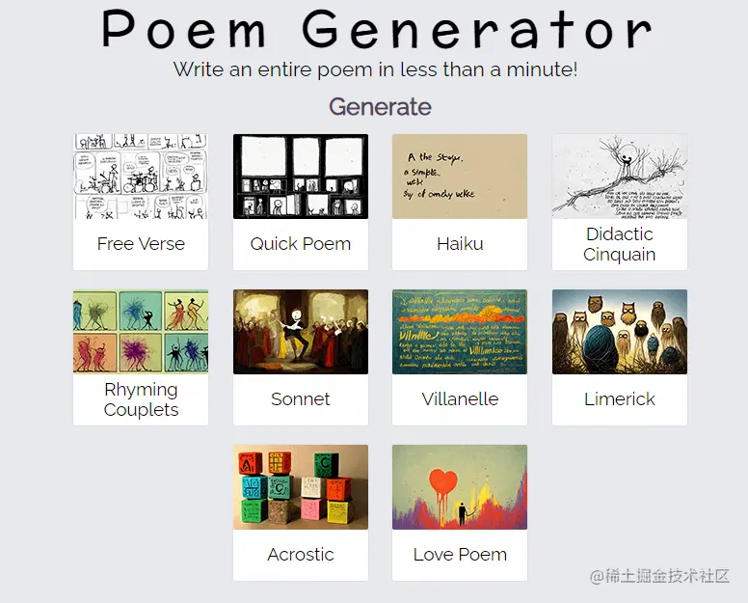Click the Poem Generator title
376,29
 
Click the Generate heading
380,106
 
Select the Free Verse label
141,244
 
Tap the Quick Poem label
301,244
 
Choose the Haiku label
460,244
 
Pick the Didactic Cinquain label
620,244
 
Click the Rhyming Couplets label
141,399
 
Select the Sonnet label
301,399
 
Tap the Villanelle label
460,399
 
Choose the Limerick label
620,399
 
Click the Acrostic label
301,555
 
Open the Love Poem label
460,555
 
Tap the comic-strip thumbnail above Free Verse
141,177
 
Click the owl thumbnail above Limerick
620,332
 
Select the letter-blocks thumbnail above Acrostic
301,487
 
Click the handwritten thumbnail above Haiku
460,177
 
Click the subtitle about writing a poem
375,69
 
